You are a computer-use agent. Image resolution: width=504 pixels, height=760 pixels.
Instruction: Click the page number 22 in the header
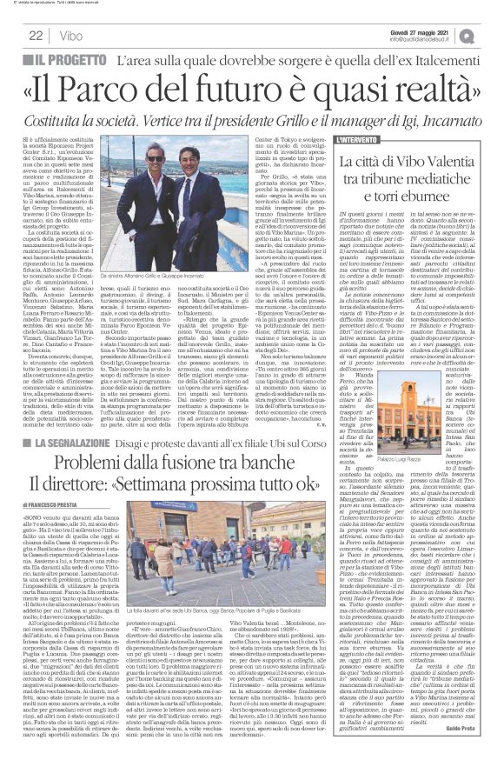coord(36,34)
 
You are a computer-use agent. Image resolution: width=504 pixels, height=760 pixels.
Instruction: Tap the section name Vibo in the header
coord(65,34)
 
